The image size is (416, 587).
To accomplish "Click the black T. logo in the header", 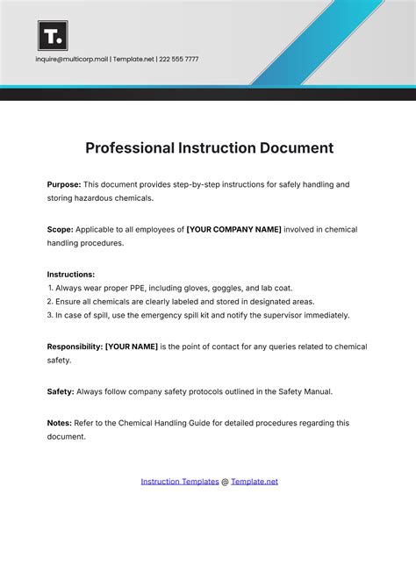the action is (x=53, y=35).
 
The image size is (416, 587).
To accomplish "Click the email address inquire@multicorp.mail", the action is (x=71, y=60).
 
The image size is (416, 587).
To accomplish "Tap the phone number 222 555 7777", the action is (x=179, y=60).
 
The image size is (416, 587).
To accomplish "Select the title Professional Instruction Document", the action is (x=209, y=147).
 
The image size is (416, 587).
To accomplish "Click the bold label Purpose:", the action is (x=64, y=184).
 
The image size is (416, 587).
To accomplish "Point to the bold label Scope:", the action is (x=60, y=229).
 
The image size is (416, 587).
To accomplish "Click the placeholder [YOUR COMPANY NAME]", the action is (x=233, y=229).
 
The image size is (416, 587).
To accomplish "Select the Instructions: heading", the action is (x=71, y=274).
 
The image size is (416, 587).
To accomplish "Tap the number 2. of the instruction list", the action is (x=52, y=301).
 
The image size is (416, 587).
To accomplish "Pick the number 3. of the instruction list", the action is (x=52, y=315).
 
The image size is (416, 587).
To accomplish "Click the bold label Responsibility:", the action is (x=75, y=347).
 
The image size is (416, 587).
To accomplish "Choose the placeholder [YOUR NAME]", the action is (x=132, y=347).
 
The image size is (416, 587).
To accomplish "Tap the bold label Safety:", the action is (x=61, y=391).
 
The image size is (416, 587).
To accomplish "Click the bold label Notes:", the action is (x=60, y=423).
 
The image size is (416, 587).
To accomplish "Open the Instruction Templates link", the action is (x=180, y=481).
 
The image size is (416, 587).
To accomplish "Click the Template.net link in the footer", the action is (x=255, y=481).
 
